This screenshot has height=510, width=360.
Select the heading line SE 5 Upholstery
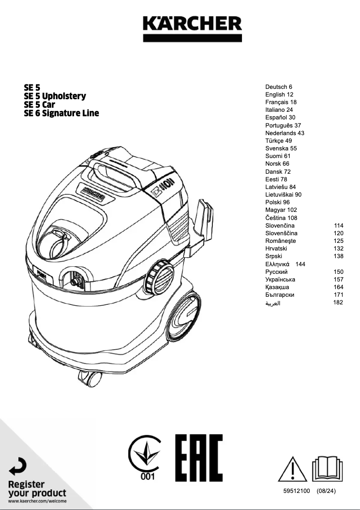click(x=55, y=96)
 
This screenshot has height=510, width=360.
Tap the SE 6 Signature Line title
click(x=61, y=113)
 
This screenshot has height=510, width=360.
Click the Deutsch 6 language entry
click(x=279, y=87)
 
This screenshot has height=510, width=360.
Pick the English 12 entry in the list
click(x=279, y=94)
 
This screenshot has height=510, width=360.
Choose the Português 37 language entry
click(x=283, y=125)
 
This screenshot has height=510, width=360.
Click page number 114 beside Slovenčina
click(x=338, y=225)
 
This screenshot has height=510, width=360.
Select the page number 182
click(x=338, y=302)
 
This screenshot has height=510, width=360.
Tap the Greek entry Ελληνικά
click(x=277, y=264)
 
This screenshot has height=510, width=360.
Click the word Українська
click(x=280, y=279)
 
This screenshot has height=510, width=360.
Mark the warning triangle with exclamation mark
click(x=293, y=469)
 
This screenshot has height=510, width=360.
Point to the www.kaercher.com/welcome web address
click(x=37, y=501)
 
